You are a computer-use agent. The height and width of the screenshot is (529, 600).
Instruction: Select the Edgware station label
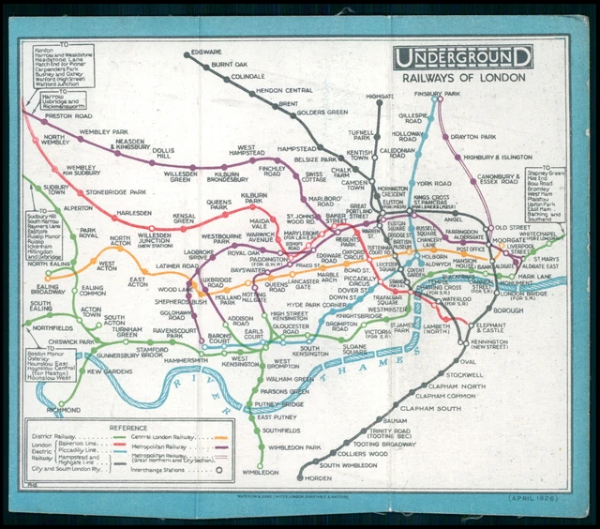pyautogui.click(x=205, y=51)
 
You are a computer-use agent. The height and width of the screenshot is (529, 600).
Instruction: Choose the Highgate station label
pyautogui.click(x=380, y=97)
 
